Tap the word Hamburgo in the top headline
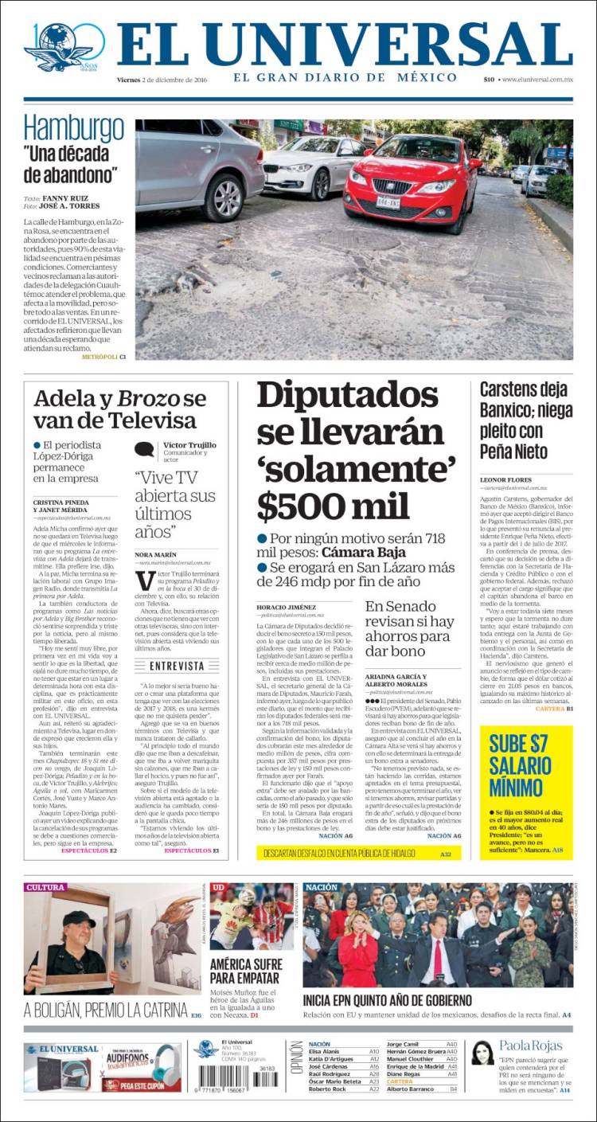click(x=73, y=128)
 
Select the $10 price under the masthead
click(x=489, y=79)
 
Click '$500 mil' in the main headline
click(x=334, y=506)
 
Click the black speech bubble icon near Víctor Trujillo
click(x=144, y=450)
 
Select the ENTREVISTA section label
click(x=177, y=665)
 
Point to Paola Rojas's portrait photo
click(x=482, y=1053)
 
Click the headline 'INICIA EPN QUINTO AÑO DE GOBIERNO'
click(x=388, y=1000)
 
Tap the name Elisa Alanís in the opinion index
click(x=324, y=1051)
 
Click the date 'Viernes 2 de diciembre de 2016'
click(x=167, y=79)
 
